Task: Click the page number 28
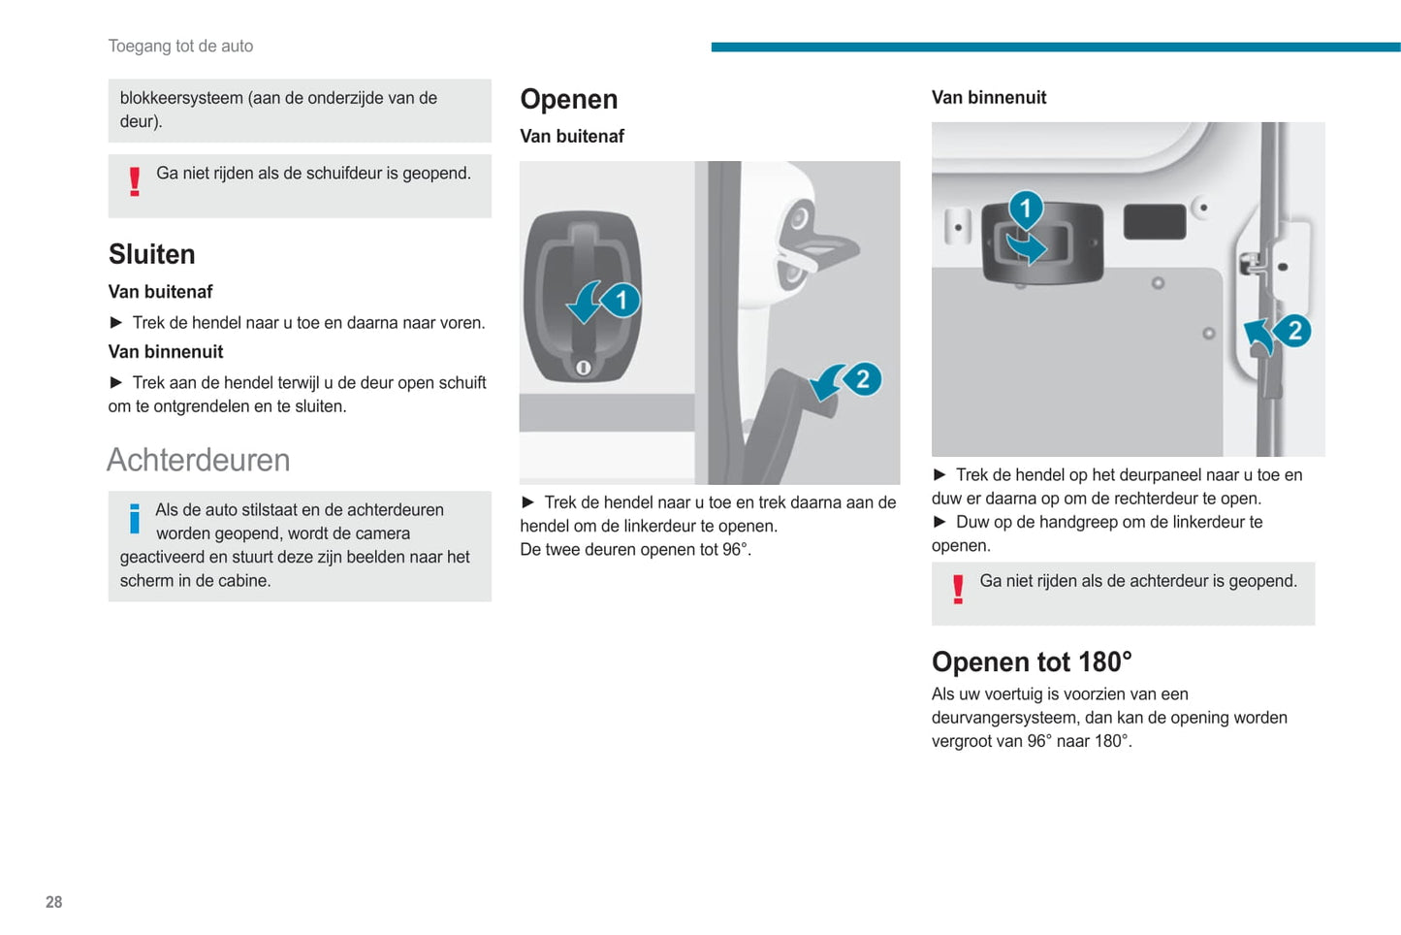53,902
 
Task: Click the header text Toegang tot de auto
180,46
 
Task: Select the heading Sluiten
151,254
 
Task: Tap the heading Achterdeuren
198,460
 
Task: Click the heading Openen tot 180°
1031,661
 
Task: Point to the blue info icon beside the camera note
134,518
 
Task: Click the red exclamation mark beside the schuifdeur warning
135,181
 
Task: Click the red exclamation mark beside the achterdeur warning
958,590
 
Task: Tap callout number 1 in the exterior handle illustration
621,300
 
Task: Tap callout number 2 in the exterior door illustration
862,378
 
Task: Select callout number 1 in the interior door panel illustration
1025,209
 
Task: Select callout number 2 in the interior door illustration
1293,331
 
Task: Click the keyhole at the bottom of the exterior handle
583,368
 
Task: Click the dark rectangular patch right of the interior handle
1154,221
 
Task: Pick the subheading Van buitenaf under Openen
571,136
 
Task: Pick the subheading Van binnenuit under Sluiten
166,351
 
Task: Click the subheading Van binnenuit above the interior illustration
988,97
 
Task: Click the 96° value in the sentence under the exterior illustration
734,549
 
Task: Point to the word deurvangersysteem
1005,718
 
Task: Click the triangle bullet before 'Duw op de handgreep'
939,522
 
